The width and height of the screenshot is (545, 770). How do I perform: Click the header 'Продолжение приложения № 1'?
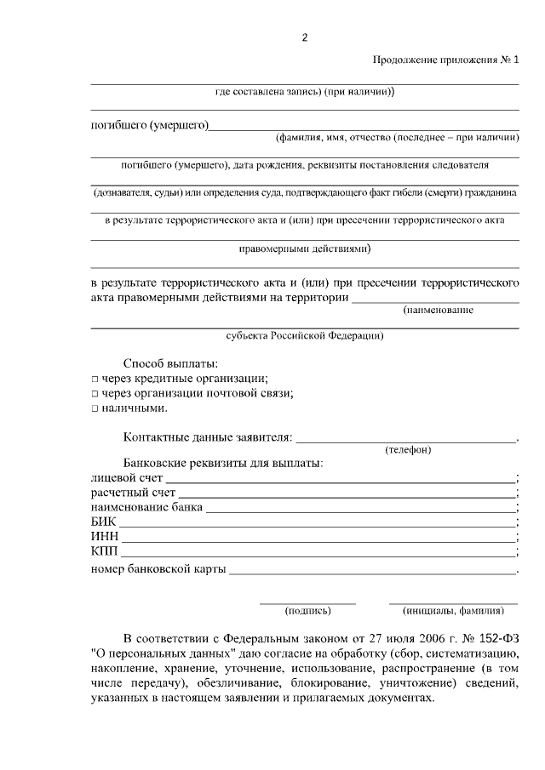445,60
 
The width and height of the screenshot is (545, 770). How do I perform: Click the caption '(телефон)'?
408,449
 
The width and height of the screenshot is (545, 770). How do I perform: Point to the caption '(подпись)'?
307,611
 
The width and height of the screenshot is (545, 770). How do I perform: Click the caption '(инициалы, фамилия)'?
453,611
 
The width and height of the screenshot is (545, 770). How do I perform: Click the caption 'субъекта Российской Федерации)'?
305,336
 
